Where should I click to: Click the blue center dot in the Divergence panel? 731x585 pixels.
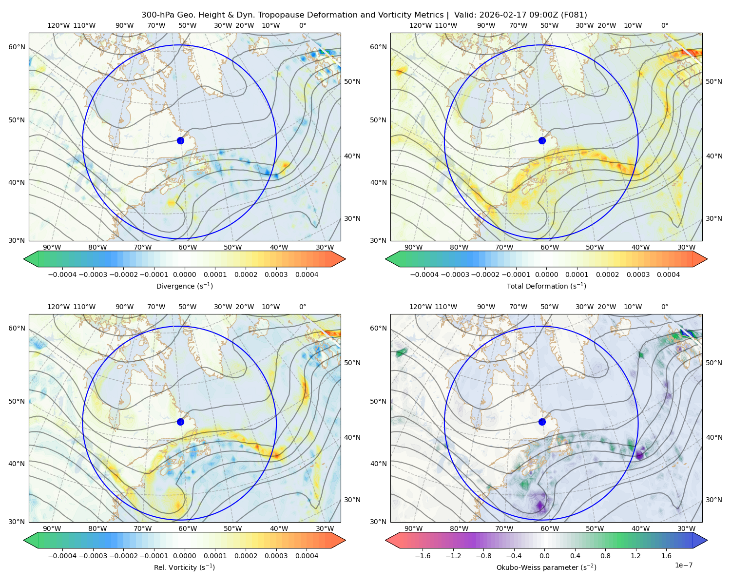tap(180, 140)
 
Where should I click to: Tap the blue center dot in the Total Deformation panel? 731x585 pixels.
tap(542, 140)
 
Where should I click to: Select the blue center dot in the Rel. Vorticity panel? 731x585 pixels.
tap(180, 422)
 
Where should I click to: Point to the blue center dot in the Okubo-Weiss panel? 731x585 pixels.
tap(542, 422)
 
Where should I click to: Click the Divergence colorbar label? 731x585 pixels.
tap(184, 286)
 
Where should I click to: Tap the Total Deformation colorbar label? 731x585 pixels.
tap(546, 286)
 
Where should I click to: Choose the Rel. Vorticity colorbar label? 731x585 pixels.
tap(184, 567)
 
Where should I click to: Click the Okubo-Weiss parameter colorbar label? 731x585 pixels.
tap(546, 567)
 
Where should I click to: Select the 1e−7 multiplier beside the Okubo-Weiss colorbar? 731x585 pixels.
tap(683, 565)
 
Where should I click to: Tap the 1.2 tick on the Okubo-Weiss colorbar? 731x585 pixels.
tap(635, 555)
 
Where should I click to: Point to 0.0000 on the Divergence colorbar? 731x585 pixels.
tap(184, 274)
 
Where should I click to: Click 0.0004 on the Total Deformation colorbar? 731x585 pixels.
tap(669, 274)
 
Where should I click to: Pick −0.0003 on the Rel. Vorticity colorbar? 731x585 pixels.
tap(93, 555)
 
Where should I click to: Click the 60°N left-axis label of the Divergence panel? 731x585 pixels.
tap(17, 47)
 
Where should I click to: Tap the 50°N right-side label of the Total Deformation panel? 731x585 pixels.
tap(713, 81)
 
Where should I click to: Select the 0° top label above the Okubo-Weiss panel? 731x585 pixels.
tap(664, 306)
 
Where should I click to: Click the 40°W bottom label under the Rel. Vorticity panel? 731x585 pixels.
tap(279, 528)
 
